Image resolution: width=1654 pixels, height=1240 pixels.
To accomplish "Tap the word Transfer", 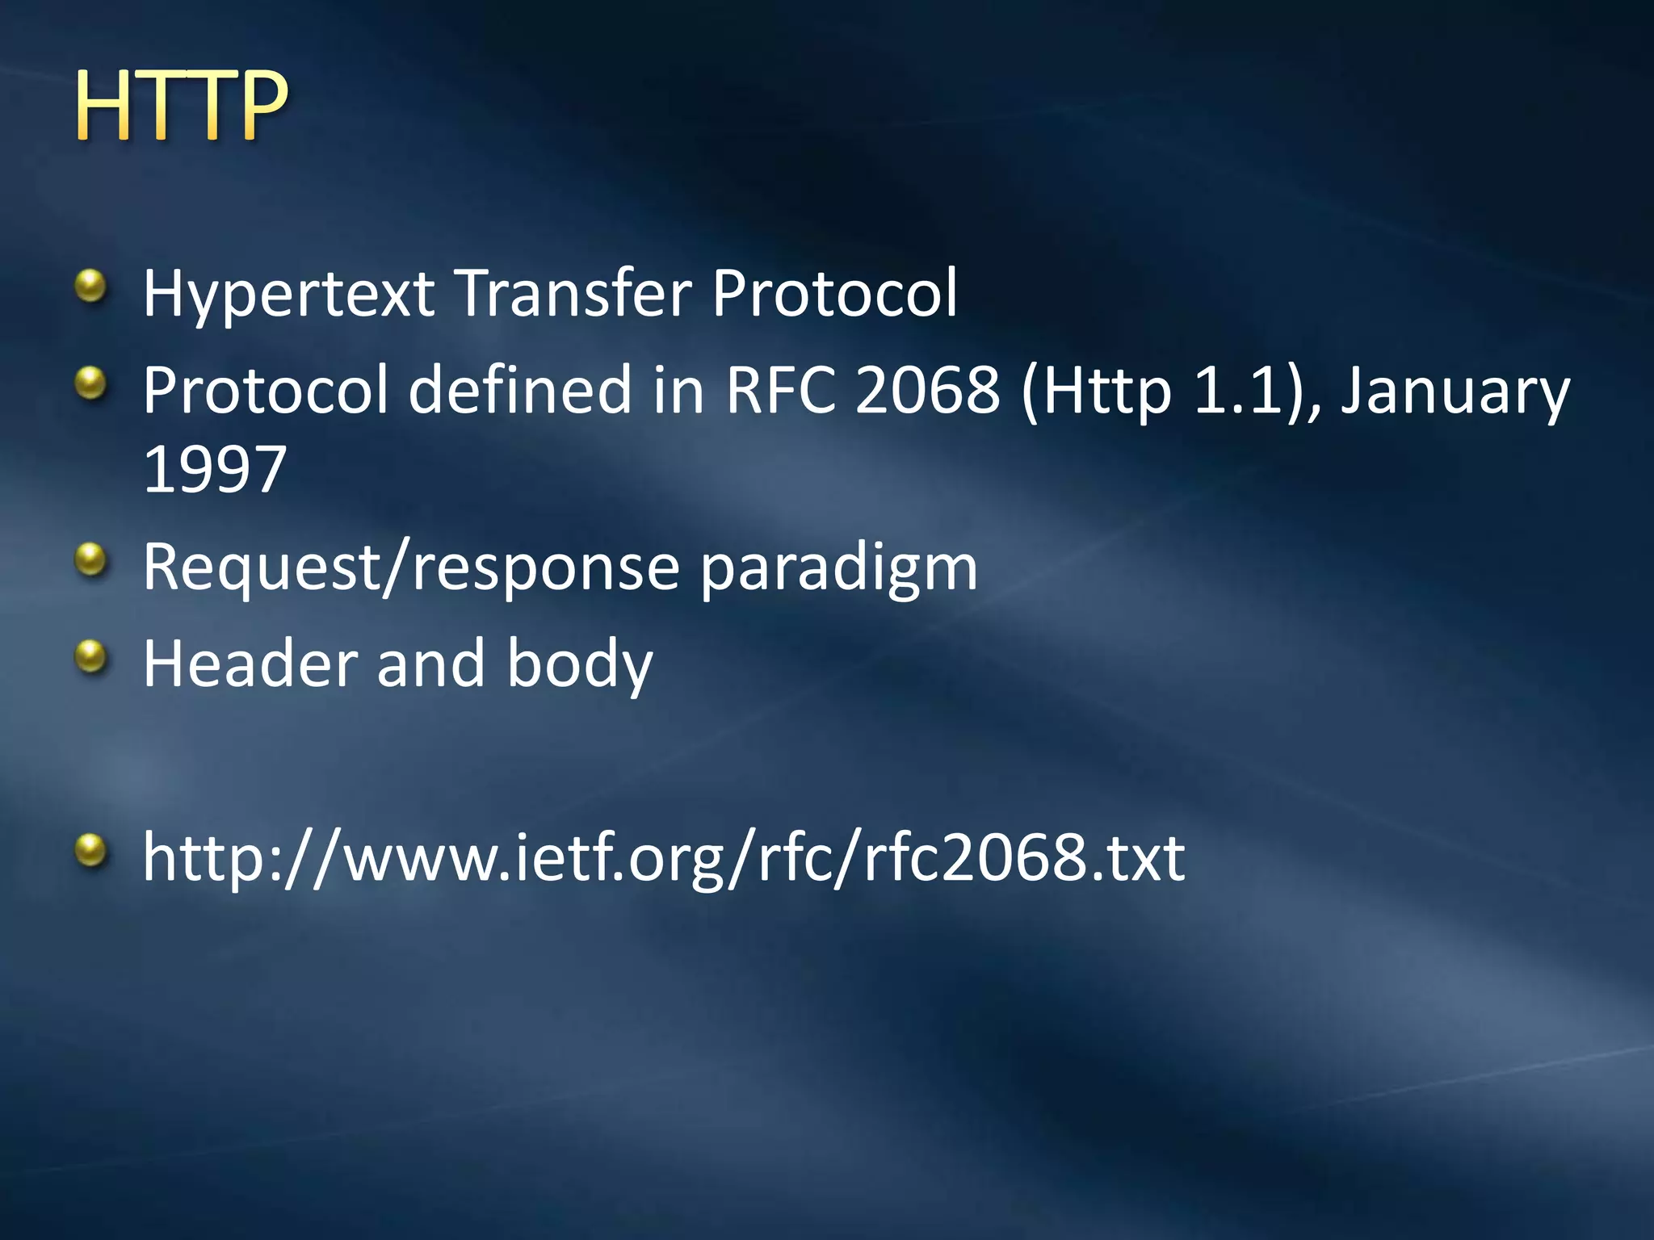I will point(574,293).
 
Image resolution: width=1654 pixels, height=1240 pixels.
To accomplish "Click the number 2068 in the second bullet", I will point(927,390).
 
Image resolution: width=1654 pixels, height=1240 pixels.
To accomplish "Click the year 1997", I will point(215,469).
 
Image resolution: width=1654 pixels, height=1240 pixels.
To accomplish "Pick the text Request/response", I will point(411,568).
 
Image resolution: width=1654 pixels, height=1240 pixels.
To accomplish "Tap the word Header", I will point(250,664).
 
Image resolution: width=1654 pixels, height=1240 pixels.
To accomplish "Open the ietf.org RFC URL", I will point(663,858).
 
